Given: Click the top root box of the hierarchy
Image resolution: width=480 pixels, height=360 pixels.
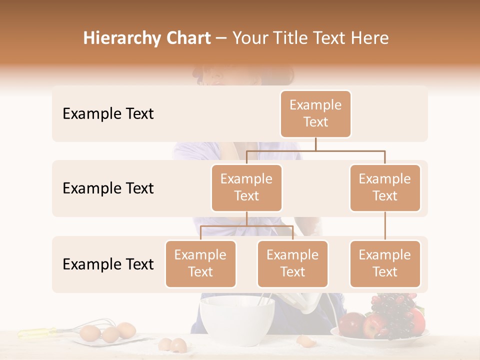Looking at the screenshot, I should click(x=315, y=113).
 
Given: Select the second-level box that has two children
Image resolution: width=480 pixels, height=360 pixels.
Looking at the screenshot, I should click(x=246, y=187).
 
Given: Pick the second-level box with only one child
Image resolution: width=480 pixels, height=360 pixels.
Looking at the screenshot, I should click(x=385, y=187).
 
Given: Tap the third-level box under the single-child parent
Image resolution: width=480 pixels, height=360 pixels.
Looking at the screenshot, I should click(x=385, y=263).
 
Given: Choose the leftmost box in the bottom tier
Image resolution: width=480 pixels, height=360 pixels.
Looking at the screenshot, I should click(x=200, y=263).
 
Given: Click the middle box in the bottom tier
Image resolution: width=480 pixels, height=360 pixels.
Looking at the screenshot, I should click(x=292, y=263).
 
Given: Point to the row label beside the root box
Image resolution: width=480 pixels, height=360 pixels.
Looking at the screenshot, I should click(x=108, y=114).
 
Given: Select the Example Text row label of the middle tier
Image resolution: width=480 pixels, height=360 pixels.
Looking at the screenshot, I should click(x=108, y=188).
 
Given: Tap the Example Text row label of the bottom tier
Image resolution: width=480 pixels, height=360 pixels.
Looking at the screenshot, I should click(x=108, y=264).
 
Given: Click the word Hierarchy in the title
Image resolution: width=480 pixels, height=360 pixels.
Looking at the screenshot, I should click(x=120, y=38).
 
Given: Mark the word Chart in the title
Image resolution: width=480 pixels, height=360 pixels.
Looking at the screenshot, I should click(x=187, y=38).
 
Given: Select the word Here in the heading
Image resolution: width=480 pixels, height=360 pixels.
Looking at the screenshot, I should click(x=370, y=38).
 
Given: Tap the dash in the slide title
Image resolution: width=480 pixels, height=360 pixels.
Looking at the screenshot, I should click(x=221, y=38).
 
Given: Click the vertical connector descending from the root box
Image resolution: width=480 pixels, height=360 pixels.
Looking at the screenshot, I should click(x=315, y=144).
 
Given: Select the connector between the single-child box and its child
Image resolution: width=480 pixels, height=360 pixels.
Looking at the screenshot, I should click(x=385, y=226).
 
